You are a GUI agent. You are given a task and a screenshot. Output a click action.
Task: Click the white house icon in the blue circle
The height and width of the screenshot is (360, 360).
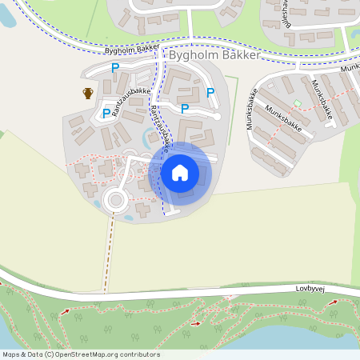(180, 172)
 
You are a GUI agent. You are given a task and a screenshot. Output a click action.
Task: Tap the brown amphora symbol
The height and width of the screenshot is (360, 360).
(88, 93)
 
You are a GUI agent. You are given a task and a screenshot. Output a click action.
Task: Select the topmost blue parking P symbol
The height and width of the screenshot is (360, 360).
(114, 69)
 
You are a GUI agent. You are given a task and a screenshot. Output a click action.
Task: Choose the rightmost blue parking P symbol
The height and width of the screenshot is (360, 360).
(210, 93)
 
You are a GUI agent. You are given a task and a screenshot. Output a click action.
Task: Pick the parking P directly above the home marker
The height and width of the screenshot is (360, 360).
(185, 109)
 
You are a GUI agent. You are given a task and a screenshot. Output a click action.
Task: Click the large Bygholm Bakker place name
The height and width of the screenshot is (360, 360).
(214, 58)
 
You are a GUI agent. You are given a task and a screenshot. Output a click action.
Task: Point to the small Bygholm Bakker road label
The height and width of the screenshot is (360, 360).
(132, 50)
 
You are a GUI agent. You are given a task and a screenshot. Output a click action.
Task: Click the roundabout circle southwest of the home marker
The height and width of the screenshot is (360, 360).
(117, 198)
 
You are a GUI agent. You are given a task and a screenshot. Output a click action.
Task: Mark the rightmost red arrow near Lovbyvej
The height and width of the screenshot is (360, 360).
(334, 302)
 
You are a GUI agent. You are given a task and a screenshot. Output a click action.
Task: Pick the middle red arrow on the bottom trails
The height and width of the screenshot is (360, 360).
(196, 323)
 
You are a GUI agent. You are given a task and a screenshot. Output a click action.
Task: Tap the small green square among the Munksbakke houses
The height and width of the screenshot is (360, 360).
(298, 103)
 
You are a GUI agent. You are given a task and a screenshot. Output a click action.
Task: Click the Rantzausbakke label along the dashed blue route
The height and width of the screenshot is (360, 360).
(158, 130)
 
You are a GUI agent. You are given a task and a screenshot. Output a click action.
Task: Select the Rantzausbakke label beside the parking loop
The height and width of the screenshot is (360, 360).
(131, 102)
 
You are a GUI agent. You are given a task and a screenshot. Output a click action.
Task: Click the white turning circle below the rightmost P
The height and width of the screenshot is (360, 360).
(217, 117)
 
